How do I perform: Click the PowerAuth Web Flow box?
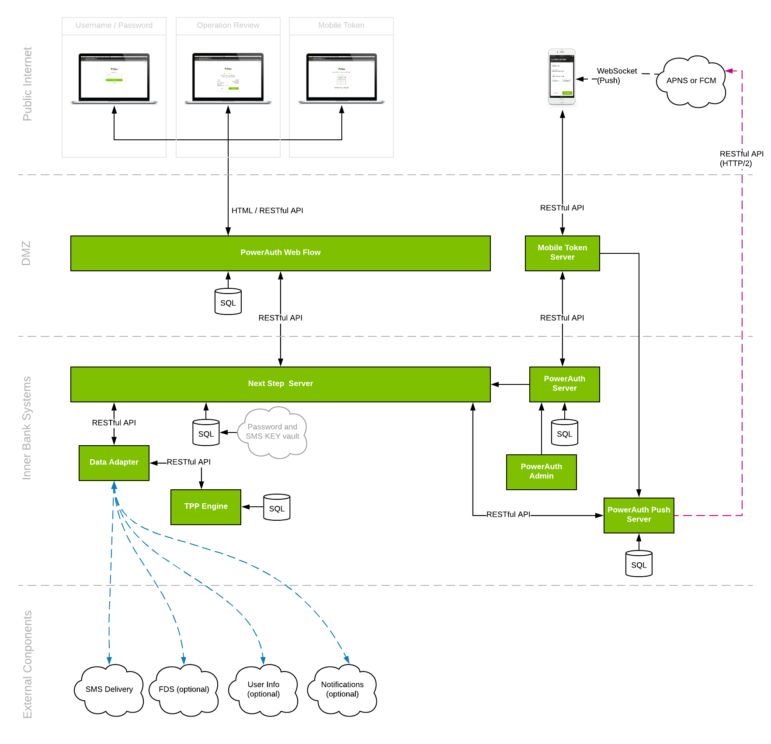pyautogui.click(x=280, y=253)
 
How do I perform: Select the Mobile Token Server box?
pyautogui.click(x=562, y=253)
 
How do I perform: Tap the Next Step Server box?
pyautogui.click(x=280, y=384)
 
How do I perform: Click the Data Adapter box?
pyautogui.click(x=114, y=463)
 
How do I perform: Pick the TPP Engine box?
pyautogui.click(x=205, y=507)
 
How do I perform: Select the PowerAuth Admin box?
pyautogui.click(x=541, y=472)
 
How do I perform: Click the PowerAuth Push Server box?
pyautogui.click(x=639, y=515)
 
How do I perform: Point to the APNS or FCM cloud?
pyautogui.click(x=691, y=81)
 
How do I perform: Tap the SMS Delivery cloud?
pyautogui.click(x=109, y=690)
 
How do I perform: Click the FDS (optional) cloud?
pyautogui.click(x=184, y=690)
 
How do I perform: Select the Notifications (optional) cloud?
pyautogui.click(x=342, y=690)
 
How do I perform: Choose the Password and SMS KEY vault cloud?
pyautogui.click(x=272, y=432)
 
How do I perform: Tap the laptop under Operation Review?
pyautogui.click(x=228, y=78)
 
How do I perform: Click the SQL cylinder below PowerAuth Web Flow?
pyautogui.click(x=228, y=302)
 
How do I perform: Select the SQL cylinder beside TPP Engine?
pyautogui.click(x=277, y=508)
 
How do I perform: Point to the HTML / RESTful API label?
pyautogui.click(x=267, y=211)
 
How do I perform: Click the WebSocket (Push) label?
pyautogui.click(x=616, y=76)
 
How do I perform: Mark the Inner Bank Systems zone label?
pyautogui.click(x=27, y=428)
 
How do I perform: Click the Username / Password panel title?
pyautogui.click(x=114, y=25)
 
